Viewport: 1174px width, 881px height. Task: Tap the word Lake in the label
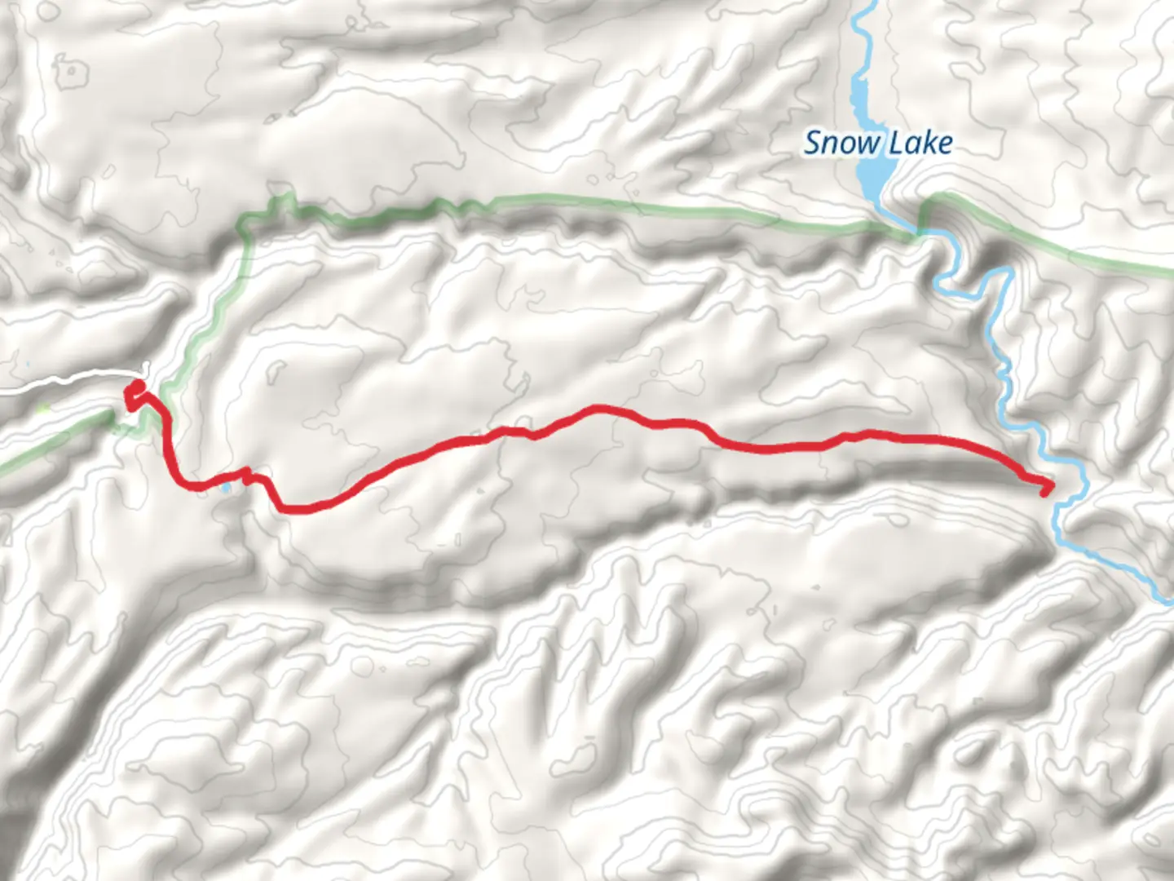coord(920,144)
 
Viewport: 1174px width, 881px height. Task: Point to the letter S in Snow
coord(813,144)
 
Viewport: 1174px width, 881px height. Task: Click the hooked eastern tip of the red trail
coord(1046,489)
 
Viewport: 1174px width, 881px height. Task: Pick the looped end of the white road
coord(144,369)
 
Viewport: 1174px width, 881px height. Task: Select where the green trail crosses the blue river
coord(920,235)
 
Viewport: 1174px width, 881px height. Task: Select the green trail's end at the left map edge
coord(3,471)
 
